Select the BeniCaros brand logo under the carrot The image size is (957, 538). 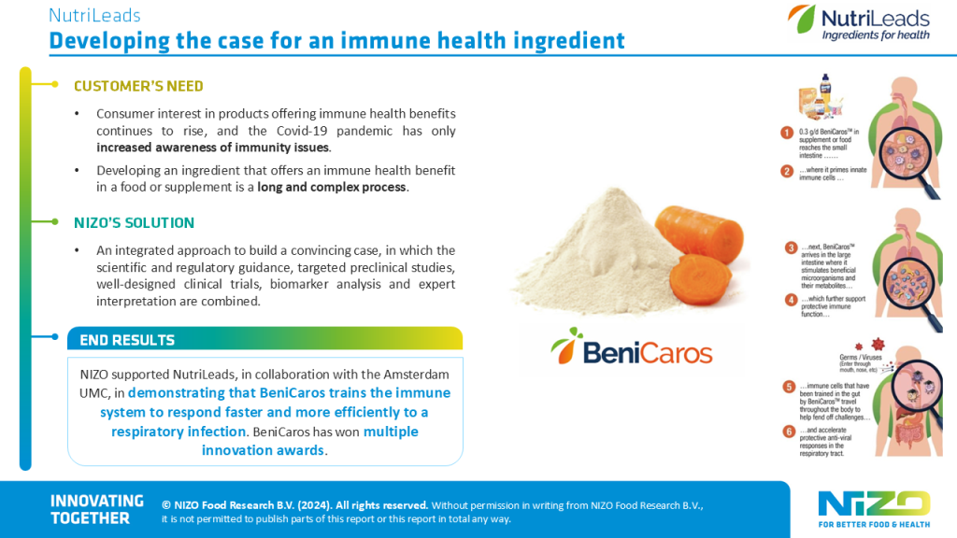[632, 350]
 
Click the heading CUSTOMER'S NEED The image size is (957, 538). [138, 86]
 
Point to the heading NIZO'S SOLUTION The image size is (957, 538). [134, 223]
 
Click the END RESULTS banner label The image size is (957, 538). [127, 340]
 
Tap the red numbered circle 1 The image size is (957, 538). [787, 134]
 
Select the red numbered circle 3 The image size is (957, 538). [790, 248]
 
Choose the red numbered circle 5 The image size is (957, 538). [790, 386]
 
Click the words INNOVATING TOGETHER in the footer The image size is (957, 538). [96, 509]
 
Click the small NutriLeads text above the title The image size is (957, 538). [94, 16]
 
